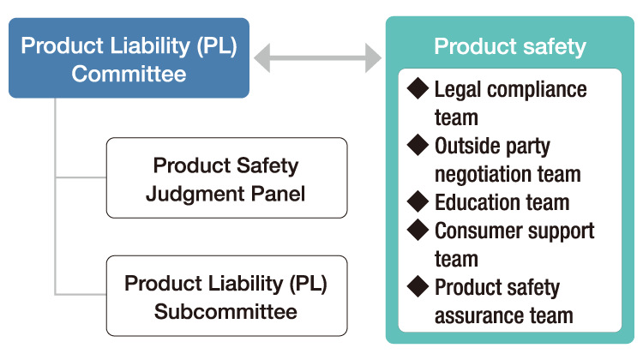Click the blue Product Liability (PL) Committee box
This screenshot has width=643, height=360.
129,58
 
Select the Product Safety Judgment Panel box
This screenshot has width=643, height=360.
226,178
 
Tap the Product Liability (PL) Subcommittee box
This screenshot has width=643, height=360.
226,296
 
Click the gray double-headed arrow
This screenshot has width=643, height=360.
317,59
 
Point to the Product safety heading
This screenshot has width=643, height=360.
510,46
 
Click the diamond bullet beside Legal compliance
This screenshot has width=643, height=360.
418,88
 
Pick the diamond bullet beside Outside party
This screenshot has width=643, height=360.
418,145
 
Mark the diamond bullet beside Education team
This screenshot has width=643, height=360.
418,202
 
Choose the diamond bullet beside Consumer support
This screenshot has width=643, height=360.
418,230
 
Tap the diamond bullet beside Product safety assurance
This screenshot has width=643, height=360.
418,286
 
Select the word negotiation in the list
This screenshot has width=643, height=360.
481,174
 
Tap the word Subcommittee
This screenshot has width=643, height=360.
225,310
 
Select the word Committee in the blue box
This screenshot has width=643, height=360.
129,73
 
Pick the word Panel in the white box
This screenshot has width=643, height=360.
277,193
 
